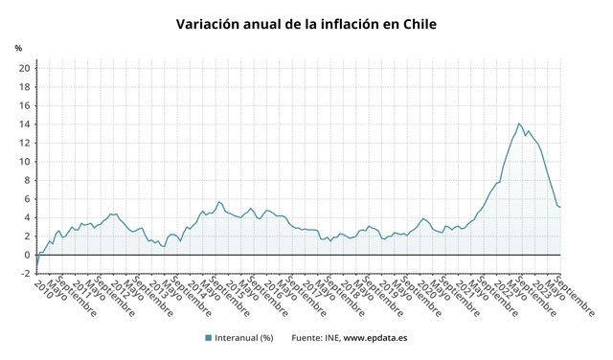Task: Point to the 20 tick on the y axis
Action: (24, 68)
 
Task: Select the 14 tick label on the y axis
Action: (24, 124)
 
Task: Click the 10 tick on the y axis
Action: (24, 161)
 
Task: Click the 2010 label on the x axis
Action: (41, 288)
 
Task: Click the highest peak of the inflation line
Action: (518, 123)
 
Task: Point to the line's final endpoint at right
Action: (560, 207)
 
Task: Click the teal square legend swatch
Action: (208, 337)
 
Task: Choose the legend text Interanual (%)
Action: (245, 337)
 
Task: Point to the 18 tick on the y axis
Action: (24, 86)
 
